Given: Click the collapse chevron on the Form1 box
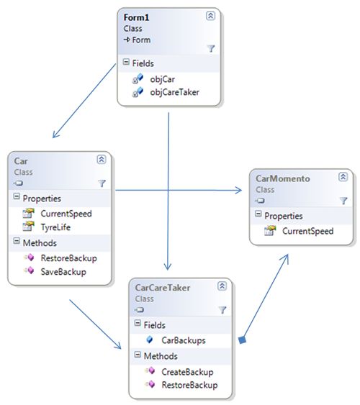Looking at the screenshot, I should click(x=210, y=15).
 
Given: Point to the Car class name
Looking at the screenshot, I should click(x=21, y=162).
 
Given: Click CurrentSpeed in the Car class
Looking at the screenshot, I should click(x=66, y=213).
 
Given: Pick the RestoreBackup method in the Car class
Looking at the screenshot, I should click(x=68, y=258).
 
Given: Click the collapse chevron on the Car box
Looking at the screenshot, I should click(x=102, y=160).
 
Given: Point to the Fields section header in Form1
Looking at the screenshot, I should click(x=147, y=63).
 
